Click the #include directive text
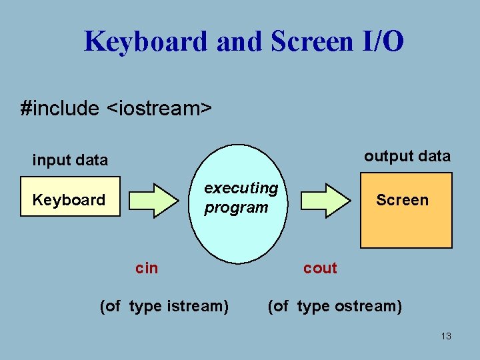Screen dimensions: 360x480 tap(60, 108)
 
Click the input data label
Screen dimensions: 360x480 tap(70, 160)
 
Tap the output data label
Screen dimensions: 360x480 tap(407, 156)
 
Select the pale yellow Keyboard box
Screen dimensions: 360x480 tap(70, 197)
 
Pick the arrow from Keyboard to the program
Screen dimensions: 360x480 tap(154, 199)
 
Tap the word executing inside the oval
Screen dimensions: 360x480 tap(241, 189)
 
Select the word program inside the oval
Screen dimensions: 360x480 tap(236, 207)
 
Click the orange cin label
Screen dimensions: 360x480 tap(147, 268)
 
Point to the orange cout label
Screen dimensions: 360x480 tap(320, 268)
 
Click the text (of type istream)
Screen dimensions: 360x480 tap(164, 306)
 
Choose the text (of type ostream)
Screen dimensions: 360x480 tap(335, 306)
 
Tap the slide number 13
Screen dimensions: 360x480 tap(446, 336)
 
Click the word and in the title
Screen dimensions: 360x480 tap(240, 41)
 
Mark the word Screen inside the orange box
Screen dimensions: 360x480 tap(402, 200)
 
